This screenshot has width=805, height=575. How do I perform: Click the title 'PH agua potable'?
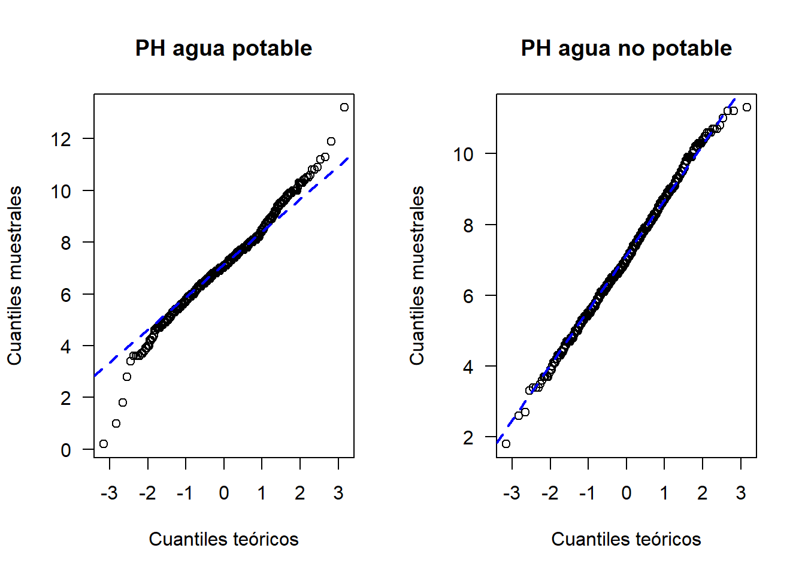223,49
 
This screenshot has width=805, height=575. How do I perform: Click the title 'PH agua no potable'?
626,49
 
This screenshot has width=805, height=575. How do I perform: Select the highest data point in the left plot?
344,107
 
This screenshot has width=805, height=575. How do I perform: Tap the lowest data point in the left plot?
104,444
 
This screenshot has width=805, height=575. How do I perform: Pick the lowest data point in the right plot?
506,444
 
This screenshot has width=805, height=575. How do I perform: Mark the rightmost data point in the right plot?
746,107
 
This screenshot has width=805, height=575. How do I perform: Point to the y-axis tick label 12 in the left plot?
61,140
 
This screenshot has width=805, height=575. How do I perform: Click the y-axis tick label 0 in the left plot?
66,450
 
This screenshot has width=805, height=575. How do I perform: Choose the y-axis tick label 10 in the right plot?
463,155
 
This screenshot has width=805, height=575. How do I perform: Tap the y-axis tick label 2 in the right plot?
468,438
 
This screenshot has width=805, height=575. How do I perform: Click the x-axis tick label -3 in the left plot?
109,493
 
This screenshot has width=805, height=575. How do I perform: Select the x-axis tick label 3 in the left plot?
338,493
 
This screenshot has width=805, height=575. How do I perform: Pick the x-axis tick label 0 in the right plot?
627,493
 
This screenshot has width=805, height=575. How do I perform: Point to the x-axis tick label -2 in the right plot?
550,493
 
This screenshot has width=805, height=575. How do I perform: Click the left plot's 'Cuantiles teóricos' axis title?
223,539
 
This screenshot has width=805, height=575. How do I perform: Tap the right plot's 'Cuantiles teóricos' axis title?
626,539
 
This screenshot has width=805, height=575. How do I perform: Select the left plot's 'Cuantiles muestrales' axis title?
14,276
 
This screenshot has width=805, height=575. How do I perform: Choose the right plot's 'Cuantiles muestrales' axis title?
417,276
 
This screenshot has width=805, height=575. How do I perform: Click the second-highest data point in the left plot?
331,141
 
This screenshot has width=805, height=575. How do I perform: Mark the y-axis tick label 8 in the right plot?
468,225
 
